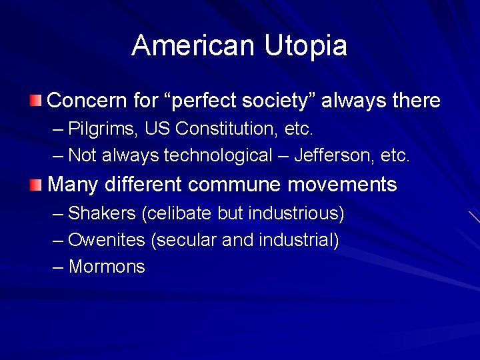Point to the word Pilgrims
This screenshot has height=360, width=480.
point(99,127)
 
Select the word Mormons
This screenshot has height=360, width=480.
point(107,267)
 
